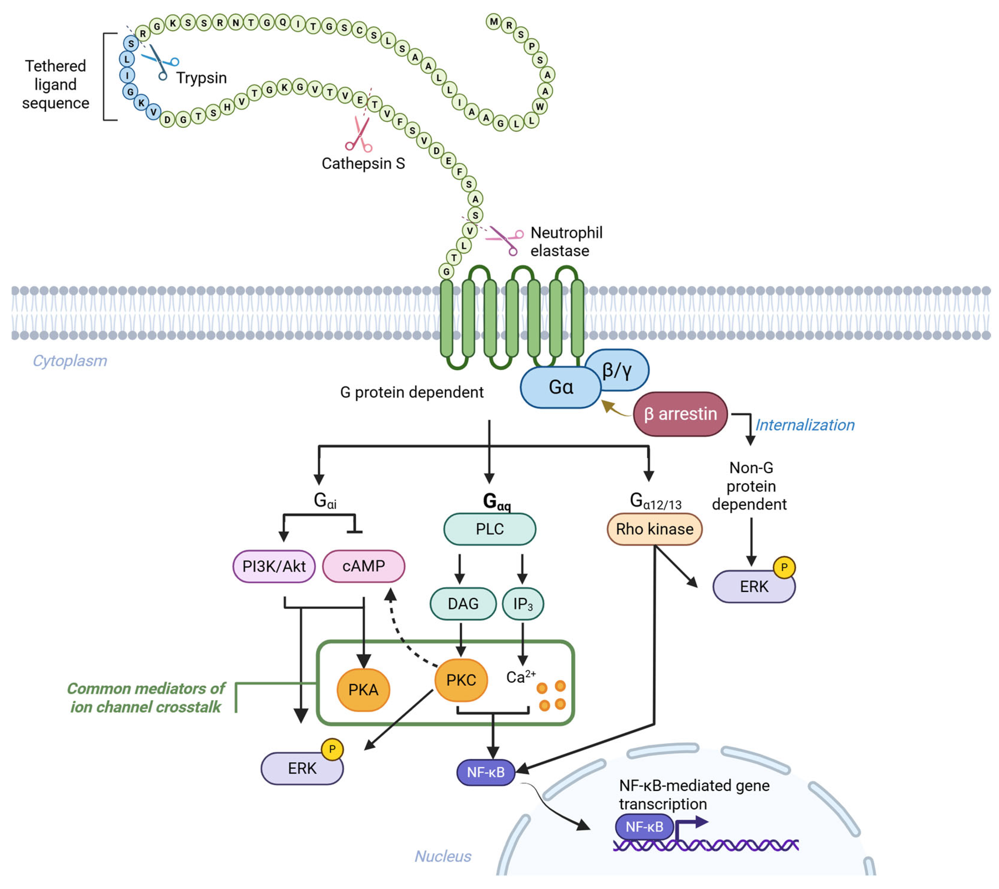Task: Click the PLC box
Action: [x=489, y=529]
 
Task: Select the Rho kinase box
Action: [x=654, y=529]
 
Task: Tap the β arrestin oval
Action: [x=680, y=414]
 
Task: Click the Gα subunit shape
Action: [x=560, y=387]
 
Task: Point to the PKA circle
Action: [x=363, y=690]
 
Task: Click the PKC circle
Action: [x=461, y=680]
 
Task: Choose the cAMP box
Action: [x=363, y=566]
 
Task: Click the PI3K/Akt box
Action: [x=274, y=566]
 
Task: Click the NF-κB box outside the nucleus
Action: [x=485, y=772]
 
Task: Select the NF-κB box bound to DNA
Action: [x=644, y=827]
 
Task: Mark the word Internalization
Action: [x=804, y=425]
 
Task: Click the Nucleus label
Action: [x=443, y=856]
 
